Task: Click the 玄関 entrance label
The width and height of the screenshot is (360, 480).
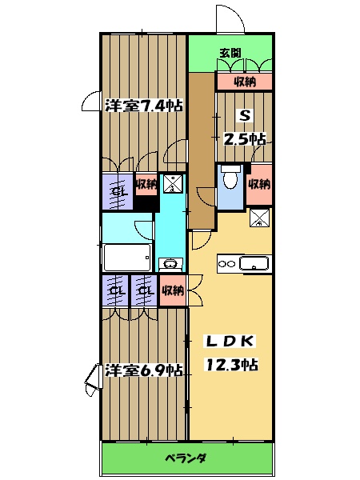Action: pyautogui.click(x=232, y=54)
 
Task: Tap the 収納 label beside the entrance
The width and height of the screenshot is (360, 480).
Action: pyautogui.click(x=245, y=82)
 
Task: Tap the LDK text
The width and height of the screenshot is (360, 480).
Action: pyautogui.click(x=230, y=342)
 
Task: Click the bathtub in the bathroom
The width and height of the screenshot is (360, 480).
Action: pyautogui.click(x=127, y=258)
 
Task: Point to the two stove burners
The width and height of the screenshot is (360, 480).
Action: pyautogui.click(x=226, y=263)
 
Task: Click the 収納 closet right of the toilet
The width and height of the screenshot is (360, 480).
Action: pyautogui.click(x=258, y=184)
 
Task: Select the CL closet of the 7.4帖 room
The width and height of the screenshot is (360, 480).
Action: pyautogui.click(x=118, y=193)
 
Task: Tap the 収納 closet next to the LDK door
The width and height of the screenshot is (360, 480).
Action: pyautogui.click(x=172, y=290)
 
